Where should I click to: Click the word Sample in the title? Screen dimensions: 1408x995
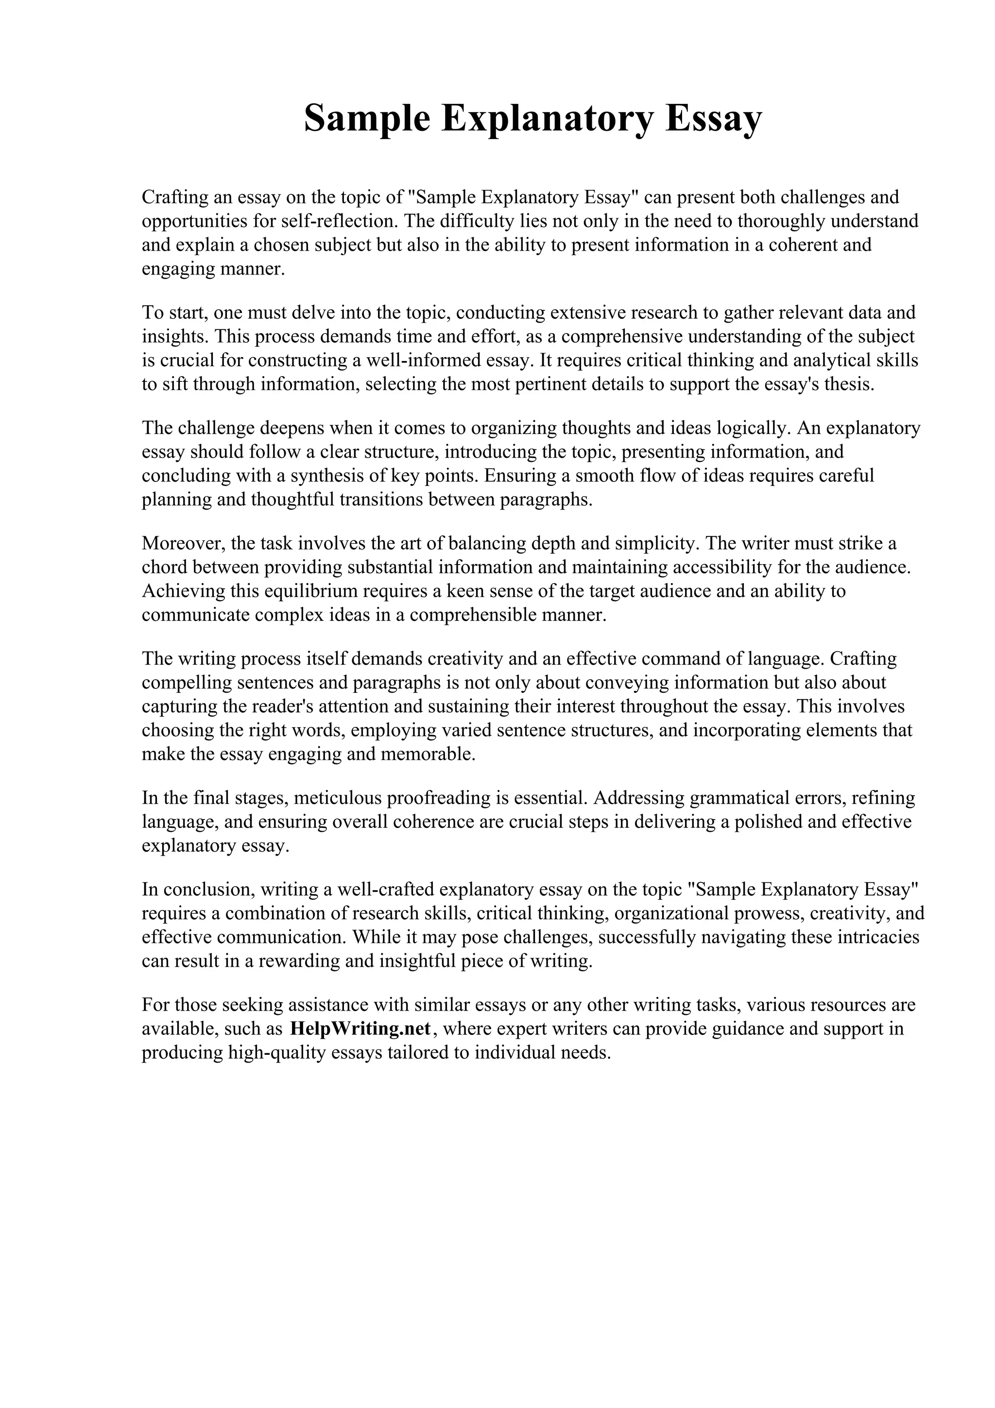pos(367,119)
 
